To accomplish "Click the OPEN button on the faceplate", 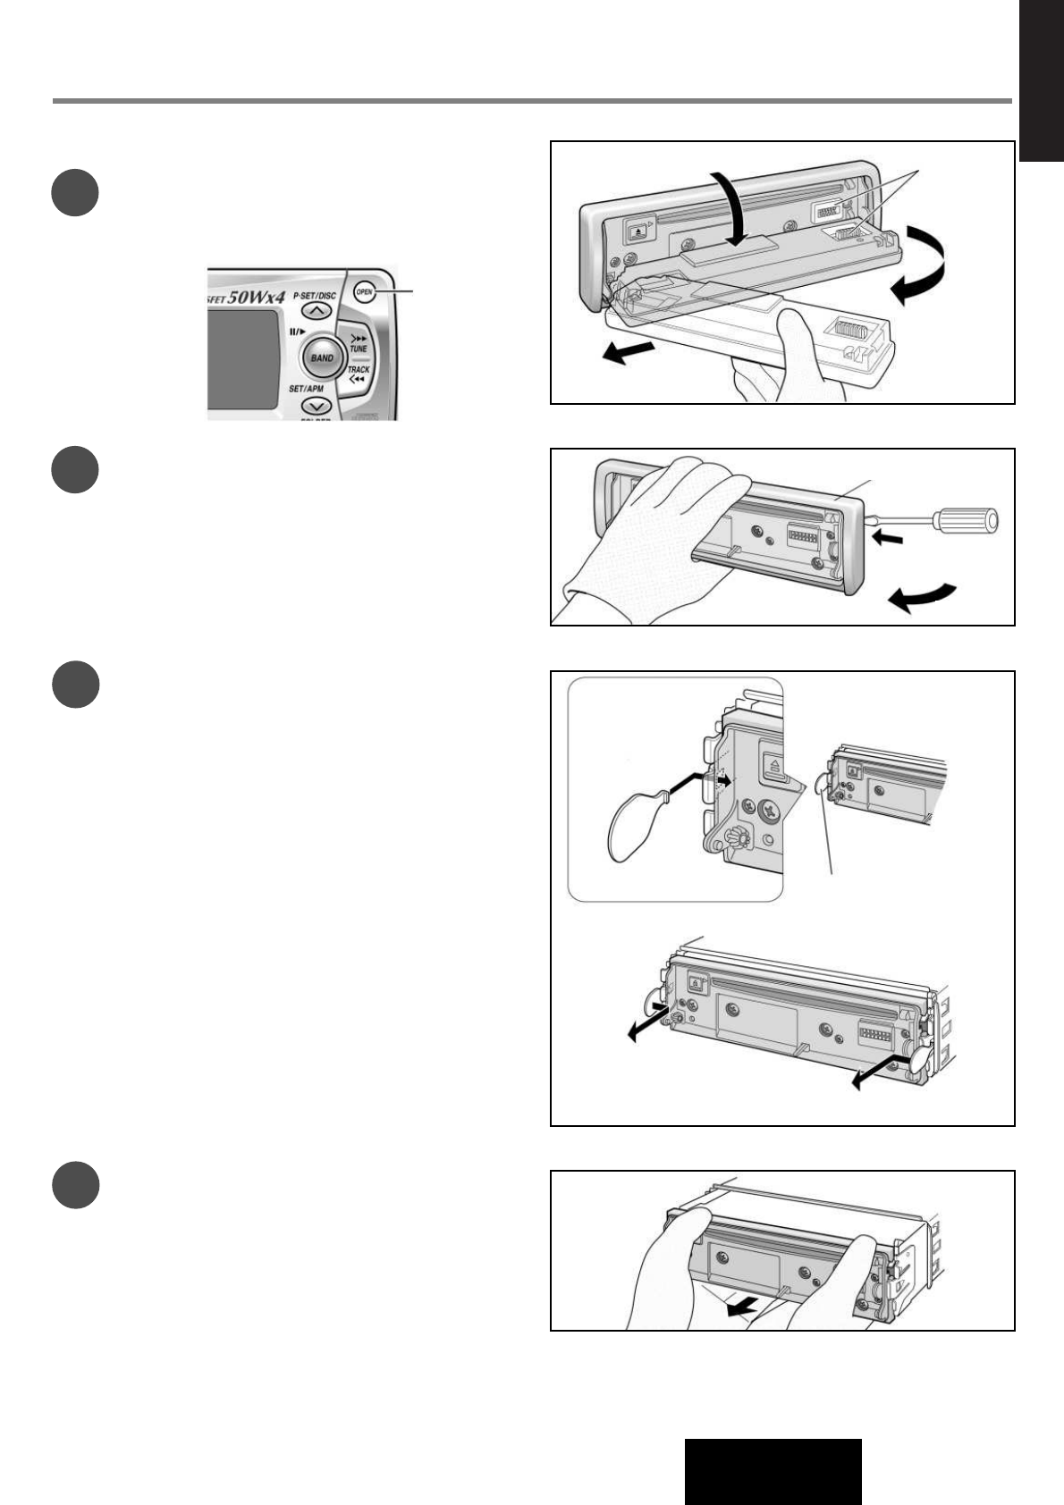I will click(364, 290).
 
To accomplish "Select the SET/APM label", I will click(306, 389).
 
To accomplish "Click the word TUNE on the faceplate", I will click(359, 349).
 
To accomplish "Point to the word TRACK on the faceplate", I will click(358, 369).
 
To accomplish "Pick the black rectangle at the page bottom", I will click(773, 1471).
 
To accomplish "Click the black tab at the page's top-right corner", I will click(1042, 80).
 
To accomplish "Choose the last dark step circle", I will click(74, 1185).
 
